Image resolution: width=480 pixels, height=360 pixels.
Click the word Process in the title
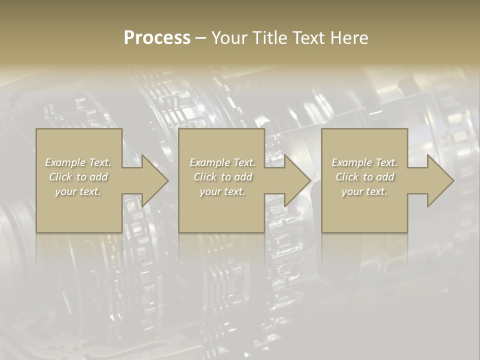[x=157, y=38]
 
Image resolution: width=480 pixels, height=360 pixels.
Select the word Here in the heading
[x=349, y=38]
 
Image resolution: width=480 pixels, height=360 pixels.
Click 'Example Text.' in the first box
[x=78, y=162]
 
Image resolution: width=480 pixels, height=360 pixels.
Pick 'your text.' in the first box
[x=78, y=191]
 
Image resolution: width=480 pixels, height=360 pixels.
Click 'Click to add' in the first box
[x=78, y=177]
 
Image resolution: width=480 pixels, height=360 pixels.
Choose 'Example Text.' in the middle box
[x=222, y=162]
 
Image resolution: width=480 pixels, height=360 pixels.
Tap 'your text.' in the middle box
[x=222, y=191]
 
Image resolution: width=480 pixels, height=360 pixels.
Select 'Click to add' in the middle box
[x=222, y=177]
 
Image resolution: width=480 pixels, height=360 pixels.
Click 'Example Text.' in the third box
[x=364, y=162]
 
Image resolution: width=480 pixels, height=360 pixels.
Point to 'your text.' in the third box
[x=364, y=191]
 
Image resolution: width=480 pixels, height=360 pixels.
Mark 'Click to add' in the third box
[x=364, y=177]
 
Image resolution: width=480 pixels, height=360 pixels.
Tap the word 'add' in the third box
[x=385, y=177]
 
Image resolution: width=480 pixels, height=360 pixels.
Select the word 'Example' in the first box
[x=65, y=162]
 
